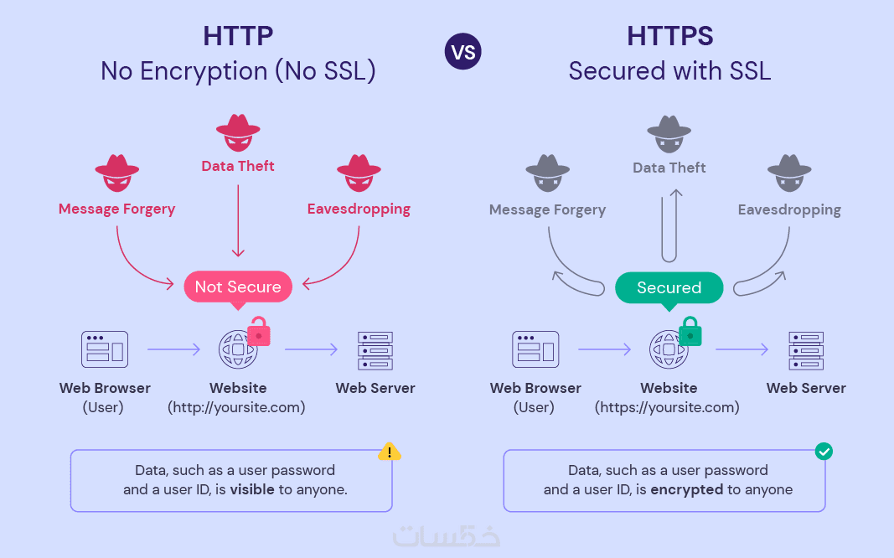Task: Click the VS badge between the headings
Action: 463,53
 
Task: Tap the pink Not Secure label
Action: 238,287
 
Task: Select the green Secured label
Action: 669,287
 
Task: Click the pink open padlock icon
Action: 259,332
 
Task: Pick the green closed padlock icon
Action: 690,333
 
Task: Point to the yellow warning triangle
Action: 390,452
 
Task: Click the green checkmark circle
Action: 824,452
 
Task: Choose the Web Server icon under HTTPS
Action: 806,350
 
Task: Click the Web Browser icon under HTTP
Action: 105,350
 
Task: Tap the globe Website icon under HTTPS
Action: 668,350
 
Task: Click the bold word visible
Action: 252,489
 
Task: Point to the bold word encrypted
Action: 686,489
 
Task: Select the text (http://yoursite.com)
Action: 236,408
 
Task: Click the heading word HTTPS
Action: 669,37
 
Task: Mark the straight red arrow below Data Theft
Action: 238,220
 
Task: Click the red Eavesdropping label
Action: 359,209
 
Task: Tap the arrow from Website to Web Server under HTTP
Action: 311,350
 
